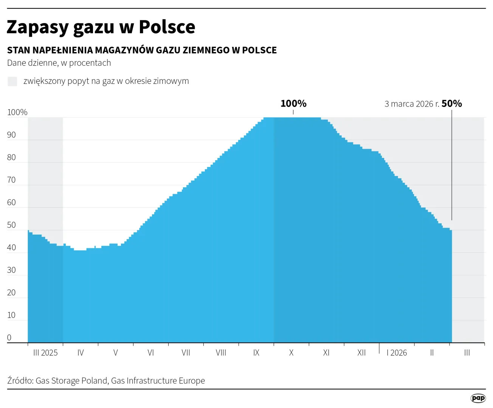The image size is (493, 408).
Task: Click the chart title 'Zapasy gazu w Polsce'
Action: [101, 27]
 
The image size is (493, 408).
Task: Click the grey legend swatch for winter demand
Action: [12, 81]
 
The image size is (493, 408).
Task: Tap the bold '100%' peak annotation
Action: [293, 104]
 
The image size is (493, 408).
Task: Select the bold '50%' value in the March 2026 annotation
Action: [452, 104]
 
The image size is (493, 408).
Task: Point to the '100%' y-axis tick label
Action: [17, 112]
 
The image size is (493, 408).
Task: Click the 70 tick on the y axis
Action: [11, 180]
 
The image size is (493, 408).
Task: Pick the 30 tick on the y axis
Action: [11, 270]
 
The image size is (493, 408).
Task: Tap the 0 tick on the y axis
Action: [9, 338]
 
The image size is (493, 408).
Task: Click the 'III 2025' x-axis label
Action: [45, 353]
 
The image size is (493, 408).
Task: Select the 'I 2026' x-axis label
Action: [397, 353]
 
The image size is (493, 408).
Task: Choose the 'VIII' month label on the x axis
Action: [221, 353]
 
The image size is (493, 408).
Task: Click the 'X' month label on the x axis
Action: [291, 353]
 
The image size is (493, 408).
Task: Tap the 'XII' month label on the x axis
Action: [361, 353]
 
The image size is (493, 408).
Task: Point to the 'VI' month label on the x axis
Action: [150, 353]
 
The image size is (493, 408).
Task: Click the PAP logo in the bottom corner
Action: [478, 398]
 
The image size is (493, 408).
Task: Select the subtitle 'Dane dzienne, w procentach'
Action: [59, 63]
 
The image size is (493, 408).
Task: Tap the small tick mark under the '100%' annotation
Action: [293, 112]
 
